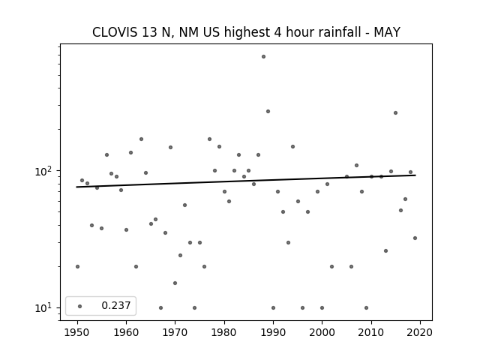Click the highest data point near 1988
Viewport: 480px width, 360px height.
click(263, 57)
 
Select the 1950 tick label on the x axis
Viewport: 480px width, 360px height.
click(77, 332)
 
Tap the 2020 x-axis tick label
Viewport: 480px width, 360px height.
click(420, 332)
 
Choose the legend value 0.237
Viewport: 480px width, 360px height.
click(116, 305)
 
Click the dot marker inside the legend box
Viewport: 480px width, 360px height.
click(80, 306)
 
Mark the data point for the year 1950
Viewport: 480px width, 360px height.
click(77, 267)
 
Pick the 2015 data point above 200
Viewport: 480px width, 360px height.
click(395, 113)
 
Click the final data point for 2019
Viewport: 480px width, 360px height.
click(415, 238)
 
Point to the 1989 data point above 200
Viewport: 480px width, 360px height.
click(268, 112)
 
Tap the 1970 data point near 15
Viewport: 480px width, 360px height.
click(175, 283)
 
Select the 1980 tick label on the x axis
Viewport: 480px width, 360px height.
click(224, 332)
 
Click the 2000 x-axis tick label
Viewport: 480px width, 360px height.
click(322, 332)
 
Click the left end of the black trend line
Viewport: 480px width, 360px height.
click(76, 187)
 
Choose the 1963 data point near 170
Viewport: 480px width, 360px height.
click(142, 139)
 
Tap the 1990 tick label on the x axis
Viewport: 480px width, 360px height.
click(273, 332)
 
